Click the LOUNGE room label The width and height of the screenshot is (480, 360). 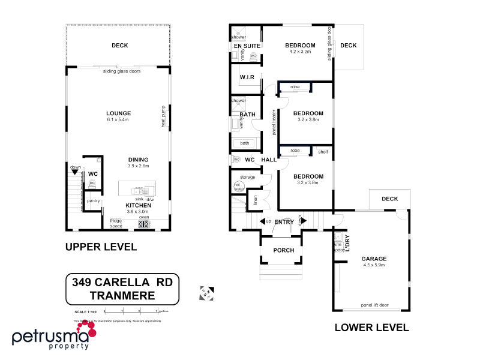tap(118, 113)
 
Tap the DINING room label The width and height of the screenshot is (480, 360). tap(138, 159)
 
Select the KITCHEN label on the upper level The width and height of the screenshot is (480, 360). tap(138, 205)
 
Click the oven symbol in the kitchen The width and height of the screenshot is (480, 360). tap(144, 224)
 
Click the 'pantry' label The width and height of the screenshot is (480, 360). tap(93, 201)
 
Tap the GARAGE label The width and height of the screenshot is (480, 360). tap(374, 259)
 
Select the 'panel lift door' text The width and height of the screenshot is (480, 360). tap(374, 305)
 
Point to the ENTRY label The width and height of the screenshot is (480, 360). tap(283, 222)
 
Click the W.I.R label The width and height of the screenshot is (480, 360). tap(247, 77)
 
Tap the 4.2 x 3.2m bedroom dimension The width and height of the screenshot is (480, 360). tap(300, 52)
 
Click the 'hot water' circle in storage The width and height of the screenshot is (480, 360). tap(238, 186)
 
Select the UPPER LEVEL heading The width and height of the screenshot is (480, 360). tap(101, 247)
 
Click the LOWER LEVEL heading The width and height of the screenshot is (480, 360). tap(371, 328)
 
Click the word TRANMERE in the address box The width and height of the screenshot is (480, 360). tap(122, 295)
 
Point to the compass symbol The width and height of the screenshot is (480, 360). tap(207, 293)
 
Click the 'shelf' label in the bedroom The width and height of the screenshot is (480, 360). tap(323, 152)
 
